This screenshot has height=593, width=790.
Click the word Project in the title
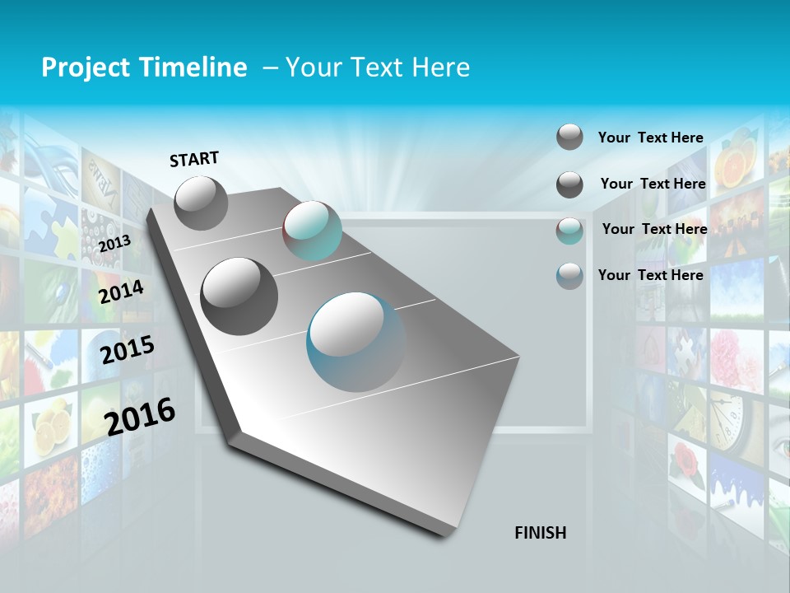(x=81, y=68)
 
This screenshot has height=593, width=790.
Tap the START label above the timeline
(x=194, y=159)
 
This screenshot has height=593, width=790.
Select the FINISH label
(x=541, y=533)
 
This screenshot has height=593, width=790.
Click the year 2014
(x=121, y=292)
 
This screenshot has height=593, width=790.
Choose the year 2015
(x=127, y=350)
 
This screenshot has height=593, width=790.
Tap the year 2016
(x=140, y=416)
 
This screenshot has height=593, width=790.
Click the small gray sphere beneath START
(x=201, y=203)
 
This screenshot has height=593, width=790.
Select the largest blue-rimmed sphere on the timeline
(x=356, y=342)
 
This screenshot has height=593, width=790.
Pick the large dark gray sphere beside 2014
(x=239, y=296)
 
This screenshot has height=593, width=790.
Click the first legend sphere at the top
(x=569, y=138)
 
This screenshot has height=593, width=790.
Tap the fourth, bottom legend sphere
(x=569, y=276)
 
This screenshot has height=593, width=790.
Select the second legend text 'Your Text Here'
(x=653, y=184)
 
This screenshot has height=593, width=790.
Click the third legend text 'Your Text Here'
(x=654, y=229)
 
